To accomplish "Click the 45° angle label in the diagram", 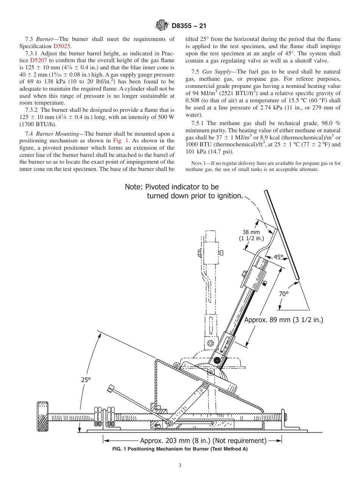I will (279, 257).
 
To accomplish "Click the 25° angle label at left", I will (86, 379).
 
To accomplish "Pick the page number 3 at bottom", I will (180, 466).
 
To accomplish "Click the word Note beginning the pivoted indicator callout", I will (135, 187).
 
